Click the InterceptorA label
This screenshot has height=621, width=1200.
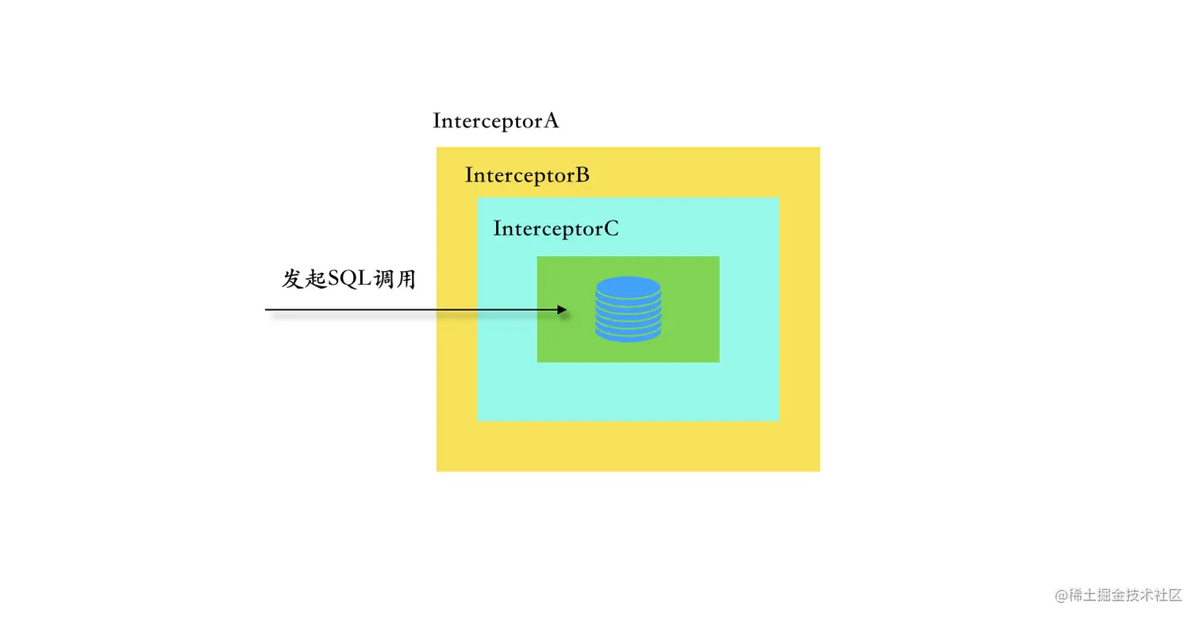496,121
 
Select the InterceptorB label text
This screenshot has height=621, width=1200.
527,175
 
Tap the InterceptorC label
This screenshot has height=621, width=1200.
556,229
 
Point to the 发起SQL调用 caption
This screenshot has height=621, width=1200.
349,279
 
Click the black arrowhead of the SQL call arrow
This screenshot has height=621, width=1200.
563,309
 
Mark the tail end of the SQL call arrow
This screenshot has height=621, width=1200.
267,309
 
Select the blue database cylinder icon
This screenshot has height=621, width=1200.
628,309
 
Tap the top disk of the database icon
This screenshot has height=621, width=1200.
628,286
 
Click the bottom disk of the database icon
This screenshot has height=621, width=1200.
628,334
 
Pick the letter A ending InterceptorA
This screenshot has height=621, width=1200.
551,121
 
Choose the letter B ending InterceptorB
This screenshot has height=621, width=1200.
582,175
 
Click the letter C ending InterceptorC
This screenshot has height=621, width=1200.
610,229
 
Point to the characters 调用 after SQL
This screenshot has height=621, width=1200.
399,279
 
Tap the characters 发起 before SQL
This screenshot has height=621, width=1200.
305,279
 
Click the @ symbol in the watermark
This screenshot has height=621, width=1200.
1061,596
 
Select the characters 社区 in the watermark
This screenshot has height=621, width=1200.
1167,596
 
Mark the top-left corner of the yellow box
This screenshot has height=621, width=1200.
437,148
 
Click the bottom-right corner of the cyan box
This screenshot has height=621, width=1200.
779,420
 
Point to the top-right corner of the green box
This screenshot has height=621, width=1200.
718,257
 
